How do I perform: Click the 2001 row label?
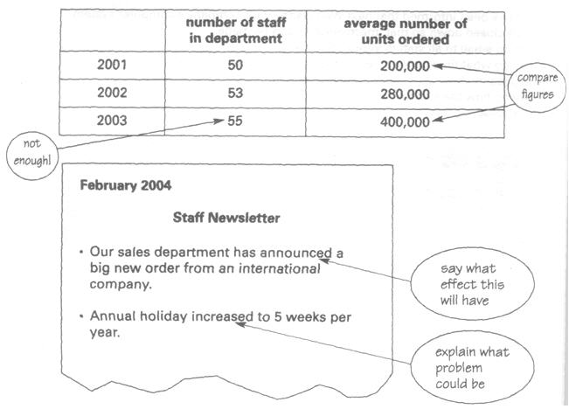(x=114, y=65)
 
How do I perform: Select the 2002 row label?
(x=114, y=93)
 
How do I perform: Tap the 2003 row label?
(x=114, y=121)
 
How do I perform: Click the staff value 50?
(x=235, y=65)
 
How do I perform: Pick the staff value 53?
(x=235, y=93)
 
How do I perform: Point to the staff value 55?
(x=235, y=121)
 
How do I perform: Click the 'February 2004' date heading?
(x=125, y=185)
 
